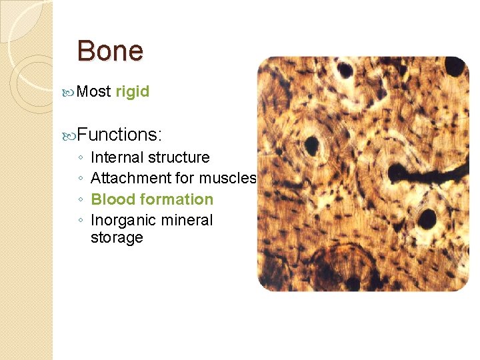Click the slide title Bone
pyautogui.click(x=110, y=51)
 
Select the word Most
pyautogui.click(x=93, y=92)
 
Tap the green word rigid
pyautogui.click(x=132, y=92)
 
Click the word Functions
pyautogui.click(x=119, y=135)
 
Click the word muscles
pyautogui.click(x=228, y=179)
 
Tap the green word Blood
pyautogui.click(x=110, y=199)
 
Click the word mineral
pyautogui.click(x=187, y=220)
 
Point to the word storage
pyautogui.click(x=117, y=238)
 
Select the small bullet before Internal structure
pyautogui.click(x=80, y=159)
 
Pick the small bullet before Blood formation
pyautogui.click(x=80, y=200)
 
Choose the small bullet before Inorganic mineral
pyautogui.click(x=80, y=221)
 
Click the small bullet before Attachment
pyautogui.click(x=80, y=179)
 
